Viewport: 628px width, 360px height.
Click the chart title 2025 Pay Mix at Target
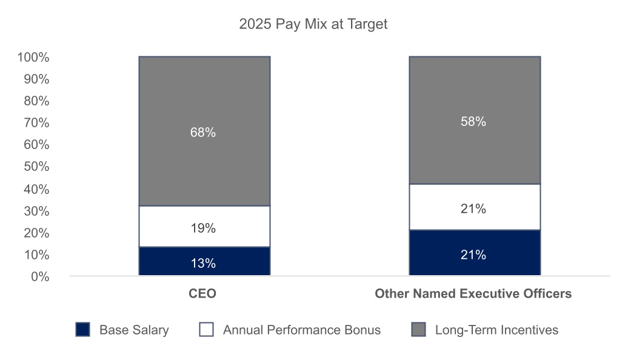(x=313, y=24)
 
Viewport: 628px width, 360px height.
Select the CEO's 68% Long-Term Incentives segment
(x=205, y=132)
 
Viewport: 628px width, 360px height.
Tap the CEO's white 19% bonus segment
(x=205, y=227)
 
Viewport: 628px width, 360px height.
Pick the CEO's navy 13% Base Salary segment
(x=205, y=261)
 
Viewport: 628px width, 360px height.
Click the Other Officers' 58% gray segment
(x=475, y=121)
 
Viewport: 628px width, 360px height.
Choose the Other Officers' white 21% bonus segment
(x=475, y=207)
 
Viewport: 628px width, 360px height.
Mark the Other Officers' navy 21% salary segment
(x=475, y=253)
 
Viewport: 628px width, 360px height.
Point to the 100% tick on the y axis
(x=33, y=57)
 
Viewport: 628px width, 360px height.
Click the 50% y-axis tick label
(x=36, y=167)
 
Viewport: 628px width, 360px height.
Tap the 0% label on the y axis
(x=40, y=277)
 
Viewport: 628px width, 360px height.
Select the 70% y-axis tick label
(x=36, y=122)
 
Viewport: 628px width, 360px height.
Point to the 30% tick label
(x=36, y=211)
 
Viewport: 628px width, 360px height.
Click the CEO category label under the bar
(x=202, y=293)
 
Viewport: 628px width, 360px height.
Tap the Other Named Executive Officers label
(x=473, y=293)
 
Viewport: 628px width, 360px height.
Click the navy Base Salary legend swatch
(x=83, y=330)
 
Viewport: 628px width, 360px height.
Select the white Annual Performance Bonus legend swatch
(x=206, y=330)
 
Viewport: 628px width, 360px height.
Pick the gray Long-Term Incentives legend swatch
(x=418, y=330)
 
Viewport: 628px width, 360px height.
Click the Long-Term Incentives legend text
(x=496, y=330)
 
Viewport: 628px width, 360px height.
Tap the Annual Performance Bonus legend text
(x=302, y=330)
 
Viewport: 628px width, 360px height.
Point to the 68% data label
(x=203, y=132)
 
